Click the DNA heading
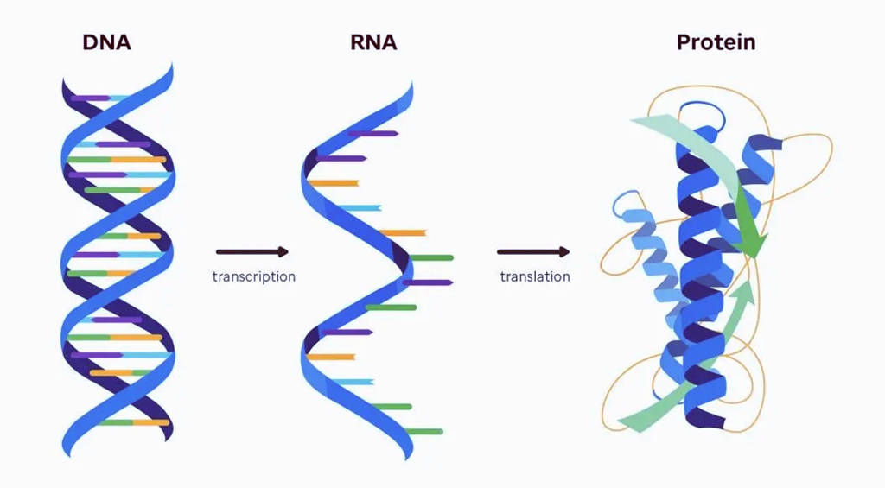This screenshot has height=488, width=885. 106,41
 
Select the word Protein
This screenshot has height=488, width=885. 716,41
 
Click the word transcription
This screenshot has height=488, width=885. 253,277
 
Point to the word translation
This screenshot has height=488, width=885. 535,277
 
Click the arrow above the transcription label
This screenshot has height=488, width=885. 252,252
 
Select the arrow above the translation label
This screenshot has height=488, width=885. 533,252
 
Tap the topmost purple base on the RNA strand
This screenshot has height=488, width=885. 373,134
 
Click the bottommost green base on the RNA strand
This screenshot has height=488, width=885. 423,431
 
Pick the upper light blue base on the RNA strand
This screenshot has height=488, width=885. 360,208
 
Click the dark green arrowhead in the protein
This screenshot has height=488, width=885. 752,242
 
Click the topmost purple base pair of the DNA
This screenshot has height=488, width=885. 92,98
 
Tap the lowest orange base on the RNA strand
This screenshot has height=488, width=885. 332,357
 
